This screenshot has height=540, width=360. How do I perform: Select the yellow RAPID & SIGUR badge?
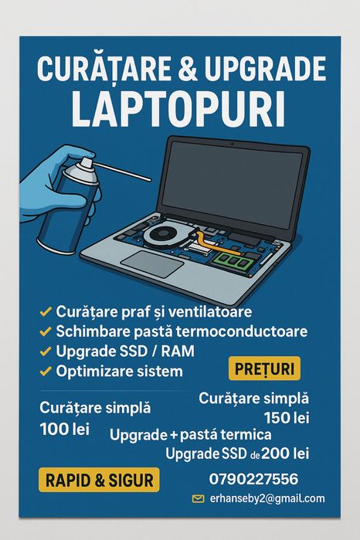pos(99,480)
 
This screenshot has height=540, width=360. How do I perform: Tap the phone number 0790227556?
pos(253,480)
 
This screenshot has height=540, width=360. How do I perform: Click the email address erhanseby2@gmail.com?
pos(267,499)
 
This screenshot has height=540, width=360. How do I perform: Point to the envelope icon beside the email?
pos(199,499)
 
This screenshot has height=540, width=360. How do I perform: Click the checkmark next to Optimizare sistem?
pos(46,372)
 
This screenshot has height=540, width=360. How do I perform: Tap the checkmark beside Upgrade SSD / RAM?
pos(46,352)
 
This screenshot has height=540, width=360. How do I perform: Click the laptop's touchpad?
pos(152,263)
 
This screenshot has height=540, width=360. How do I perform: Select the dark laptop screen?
pos(236,182)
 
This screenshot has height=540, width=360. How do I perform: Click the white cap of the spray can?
pos(83,172)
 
